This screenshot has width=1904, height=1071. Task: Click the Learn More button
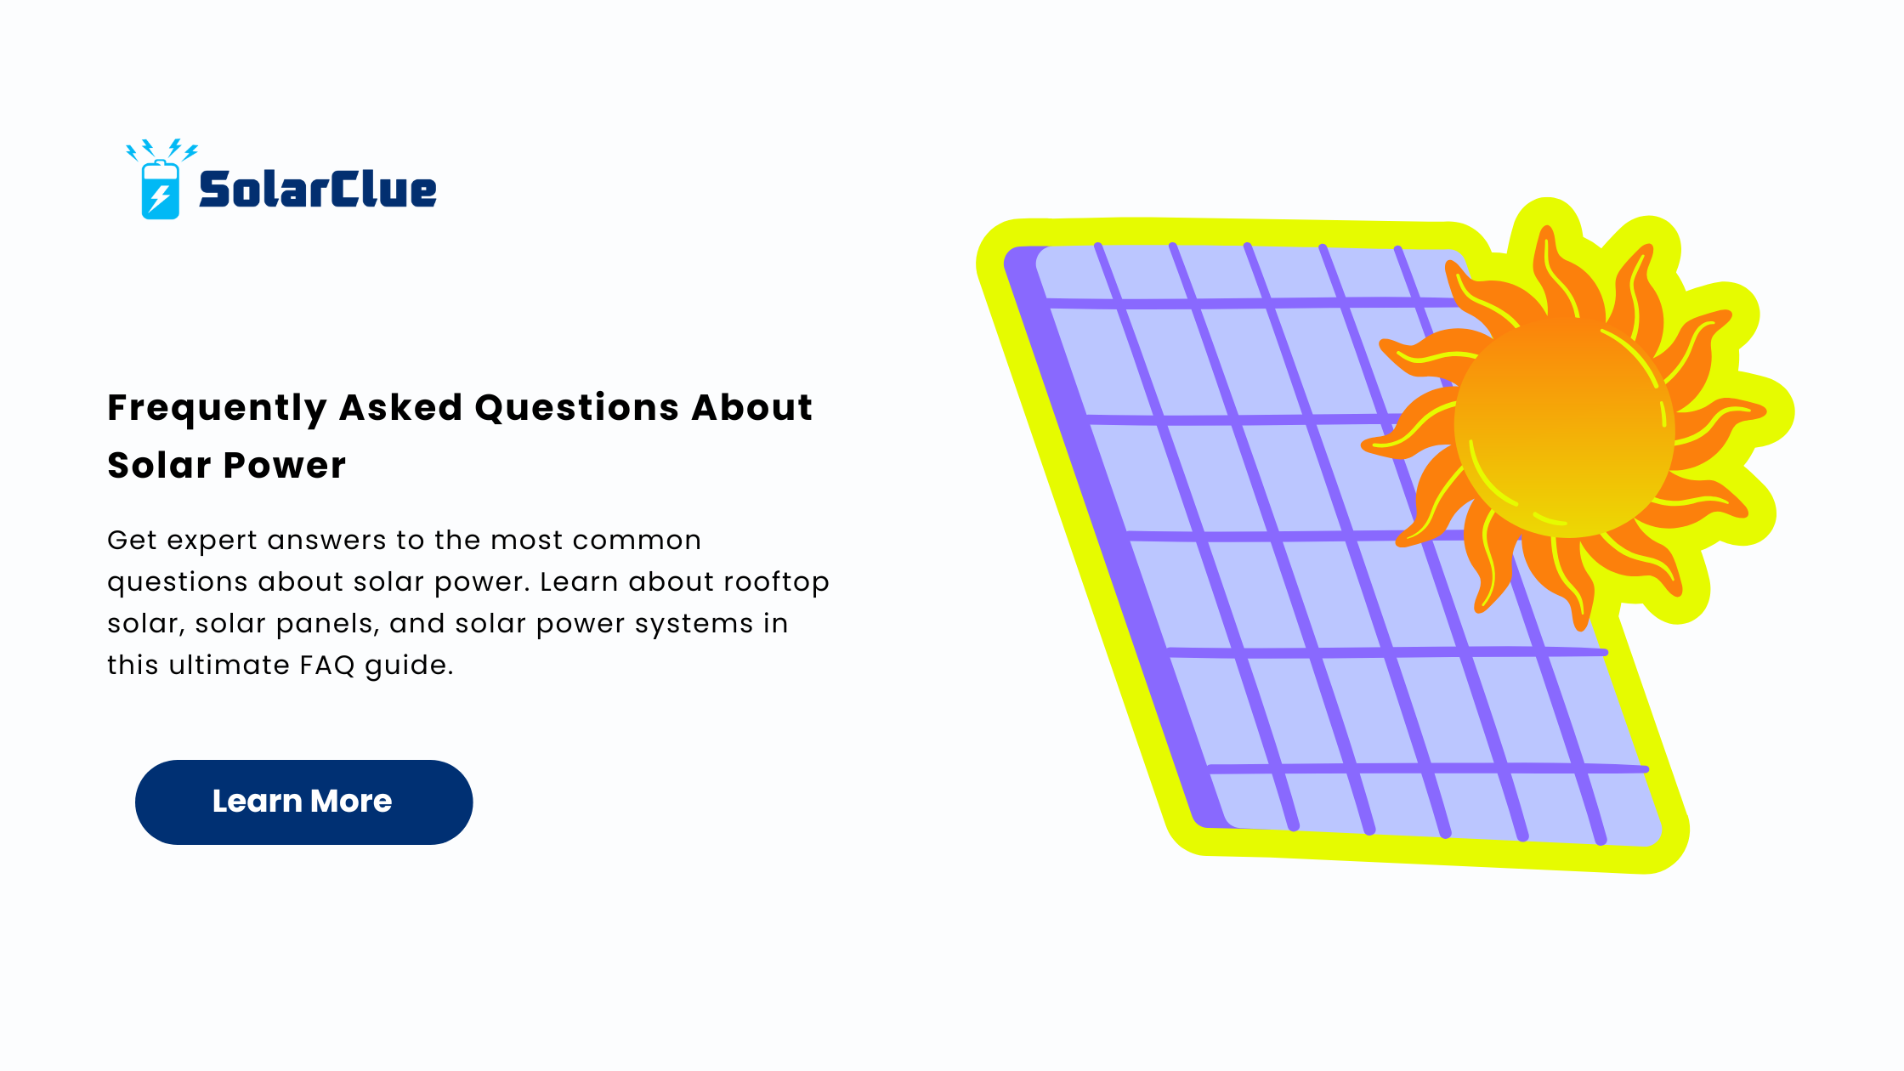tap(303, 802)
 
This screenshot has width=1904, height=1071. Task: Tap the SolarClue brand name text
tap(318, 189)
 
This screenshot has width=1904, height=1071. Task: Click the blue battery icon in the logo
tap(160, 189)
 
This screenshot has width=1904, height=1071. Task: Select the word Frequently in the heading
tap(217, 409)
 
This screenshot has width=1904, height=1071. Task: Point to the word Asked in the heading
tap(400, 407)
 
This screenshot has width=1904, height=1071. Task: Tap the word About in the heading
tap(751, 407)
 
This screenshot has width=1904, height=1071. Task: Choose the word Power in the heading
tap(285, 465)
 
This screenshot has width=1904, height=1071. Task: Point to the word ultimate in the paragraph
tap(229, 665)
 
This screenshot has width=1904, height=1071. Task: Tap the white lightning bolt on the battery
tap(159, 197)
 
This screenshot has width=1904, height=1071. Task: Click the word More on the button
tap(351, 801)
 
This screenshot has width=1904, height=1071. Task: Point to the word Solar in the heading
tap(159, 465)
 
